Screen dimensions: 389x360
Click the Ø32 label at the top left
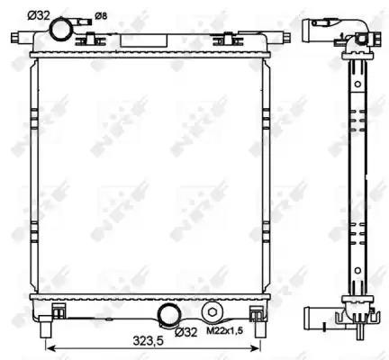click(x=39, y=15)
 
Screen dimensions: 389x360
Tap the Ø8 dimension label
click(x=101, y=16)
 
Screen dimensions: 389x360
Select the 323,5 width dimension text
click(x=148, y=340)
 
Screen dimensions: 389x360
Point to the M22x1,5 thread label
click(x=225, y=331)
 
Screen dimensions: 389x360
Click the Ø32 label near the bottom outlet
click(x=186, y=332)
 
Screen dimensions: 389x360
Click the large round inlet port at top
click(x=61, y=30)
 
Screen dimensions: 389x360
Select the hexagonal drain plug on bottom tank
click(x=212, y=312)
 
